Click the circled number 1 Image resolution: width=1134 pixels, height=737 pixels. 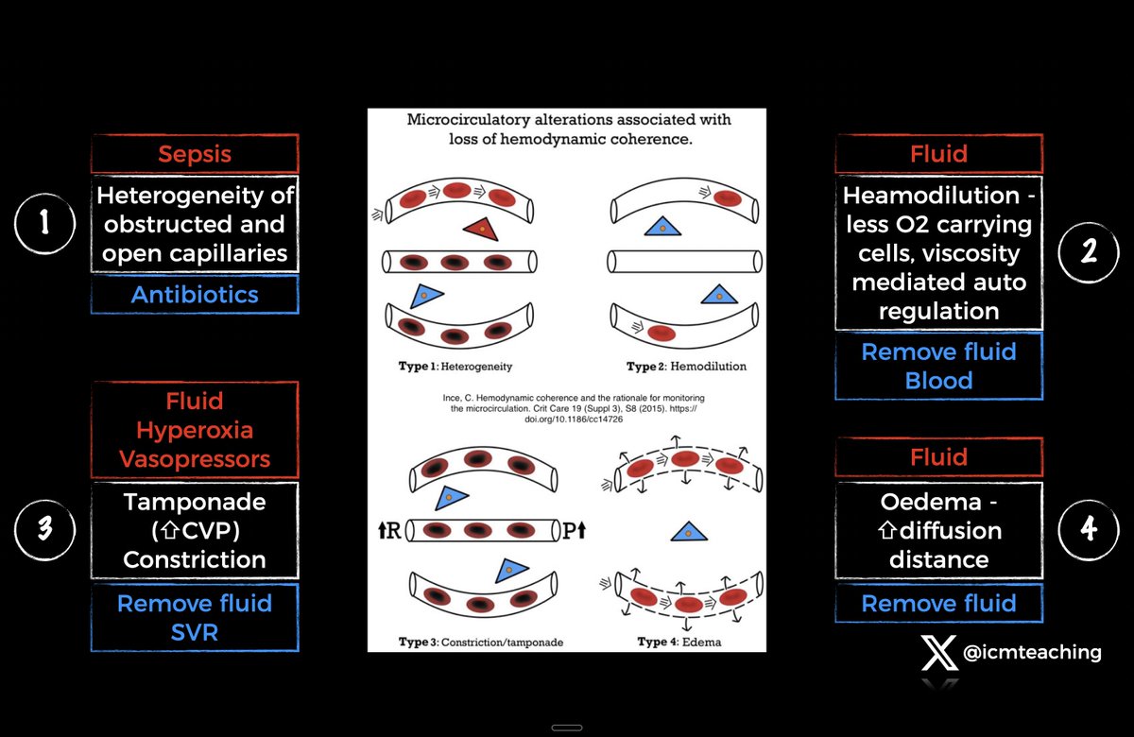pyautogui.click(x=45, y=224)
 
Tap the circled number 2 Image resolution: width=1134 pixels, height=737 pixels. pyautogui.click(x=1089, y=252)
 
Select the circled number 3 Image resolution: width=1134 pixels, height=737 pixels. pyautogui.click(x=45, y=529)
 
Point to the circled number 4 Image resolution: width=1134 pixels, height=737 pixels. pyautogui.click(x=1089, y=529)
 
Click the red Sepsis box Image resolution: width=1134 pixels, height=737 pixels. pyautogui.click(x=195, y=154)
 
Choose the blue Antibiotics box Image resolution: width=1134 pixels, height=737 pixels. pyautogui.click(x=195, y=295)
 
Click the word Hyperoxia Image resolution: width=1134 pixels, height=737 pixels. pyautogui.click(x=195, y=431)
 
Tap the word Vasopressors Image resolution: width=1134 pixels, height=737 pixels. pyautogui.click(x=195, y=459)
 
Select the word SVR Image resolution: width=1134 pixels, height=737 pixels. pyautogui.click(x=195, y=632)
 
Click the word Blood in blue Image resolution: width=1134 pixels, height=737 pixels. pyautogui.click(x=938, y=381)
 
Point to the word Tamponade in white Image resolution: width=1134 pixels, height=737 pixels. pyautogui.click(x=195, y=503)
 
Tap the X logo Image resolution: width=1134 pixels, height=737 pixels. pyautogui.click(x=939, y=652)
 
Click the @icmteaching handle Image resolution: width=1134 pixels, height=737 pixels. pyautogui.click(x=1032, y=653)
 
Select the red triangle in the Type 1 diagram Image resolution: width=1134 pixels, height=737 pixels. pyautogui.click(x=481, y=229)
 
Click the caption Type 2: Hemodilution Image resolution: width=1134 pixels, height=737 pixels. pyautogui.click(x=686, y=366)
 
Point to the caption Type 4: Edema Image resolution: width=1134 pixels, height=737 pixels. pyautogui.click(x=679, y=642)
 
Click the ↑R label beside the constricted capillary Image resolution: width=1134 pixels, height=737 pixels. pyautogui.click(x=389, y=530)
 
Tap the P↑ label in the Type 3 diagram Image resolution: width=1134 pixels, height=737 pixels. pyautogui.click(x=575, y=530)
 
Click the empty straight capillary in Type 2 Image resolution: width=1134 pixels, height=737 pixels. pyautogui.click(x=685, y=262)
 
